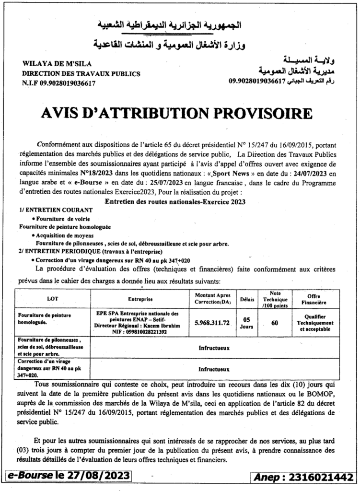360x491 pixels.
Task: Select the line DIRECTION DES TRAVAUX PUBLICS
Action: tap(81, 74)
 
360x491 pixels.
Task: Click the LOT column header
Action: tap(52, 298)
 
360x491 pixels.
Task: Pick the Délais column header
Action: tap(247, 298)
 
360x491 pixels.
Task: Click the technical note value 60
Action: tap(275, 323)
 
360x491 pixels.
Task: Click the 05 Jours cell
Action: tap(247, 322)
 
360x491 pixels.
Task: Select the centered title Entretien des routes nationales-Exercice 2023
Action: tap(175, 202)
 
